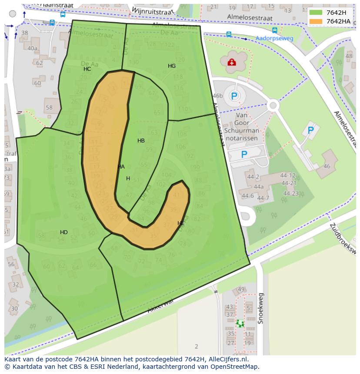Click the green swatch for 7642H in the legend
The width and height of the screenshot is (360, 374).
tap(316, 13)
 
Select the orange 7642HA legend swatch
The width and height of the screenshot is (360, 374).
tap(316, 21)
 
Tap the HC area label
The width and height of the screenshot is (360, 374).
tap(87, 69)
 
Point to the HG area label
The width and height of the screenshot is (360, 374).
tap(172, 66)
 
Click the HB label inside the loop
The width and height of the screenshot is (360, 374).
tap(141, 141)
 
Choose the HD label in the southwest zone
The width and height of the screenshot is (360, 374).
tap(64, 232)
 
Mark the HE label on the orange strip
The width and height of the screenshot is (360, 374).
tap(181, 223)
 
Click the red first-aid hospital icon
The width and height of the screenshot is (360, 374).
tap(232, 63)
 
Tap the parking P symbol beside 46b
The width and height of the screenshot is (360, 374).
tap(234, 96)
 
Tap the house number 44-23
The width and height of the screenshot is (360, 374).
tap(290, 194)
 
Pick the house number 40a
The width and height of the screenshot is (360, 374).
tap(32, 48)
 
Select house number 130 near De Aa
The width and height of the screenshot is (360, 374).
tap(134, 62)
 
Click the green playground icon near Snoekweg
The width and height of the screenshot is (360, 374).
tap(240, 323)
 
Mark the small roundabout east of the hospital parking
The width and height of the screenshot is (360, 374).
tap(273, 105)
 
